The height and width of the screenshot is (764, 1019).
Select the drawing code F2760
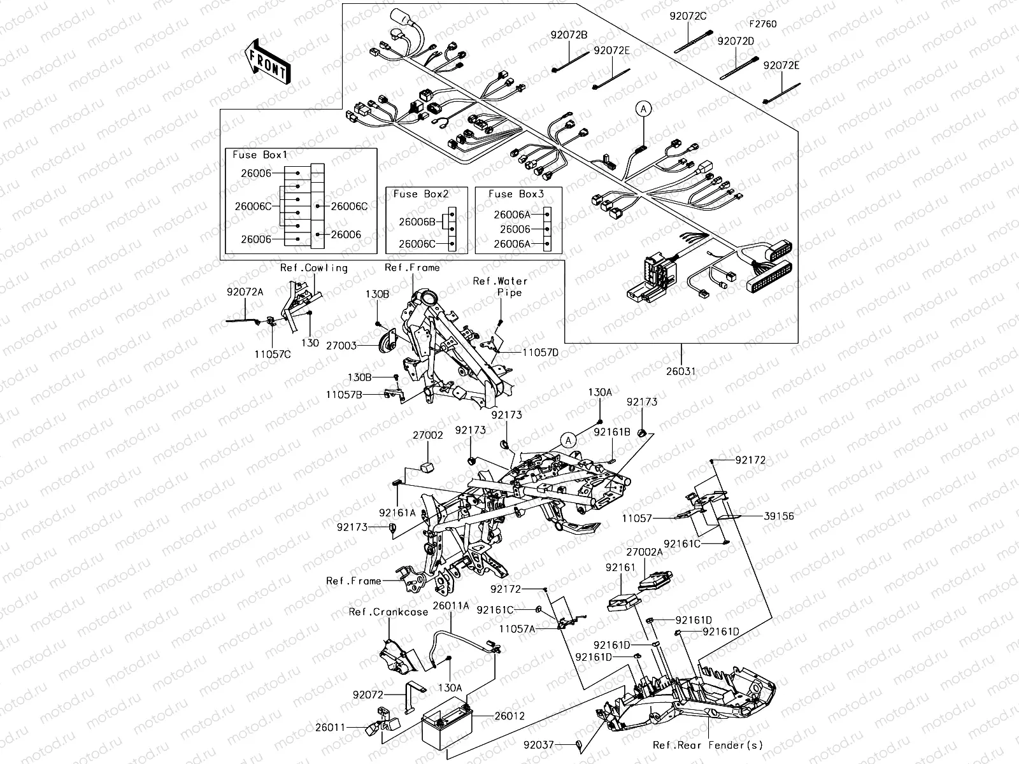[x=762, y=24]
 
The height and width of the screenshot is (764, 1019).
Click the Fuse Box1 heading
[x=260, y=155]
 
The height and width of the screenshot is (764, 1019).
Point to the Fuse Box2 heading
[x=420, y=194]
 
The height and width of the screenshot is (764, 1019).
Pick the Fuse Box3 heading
[x=516, y=194]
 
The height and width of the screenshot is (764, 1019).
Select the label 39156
[x=778, y=516]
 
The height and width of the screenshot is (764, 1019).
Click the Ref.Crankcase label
[x=388, y=612]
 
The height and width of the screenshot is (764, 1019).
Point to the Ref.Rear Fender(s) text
[x=708, y=745]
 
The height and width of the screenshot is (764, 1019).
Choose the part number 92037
[x=539, y=744]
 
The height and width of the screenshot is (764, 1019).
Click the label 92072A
[x=245, y=292]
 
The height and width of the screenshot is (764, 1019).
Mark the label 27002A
[x=644, y=553]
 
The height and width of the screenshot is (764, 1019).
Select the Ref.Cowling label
[x=314, y=267]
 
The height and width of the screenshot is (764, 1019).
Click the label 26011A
[x=450, y=606]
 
